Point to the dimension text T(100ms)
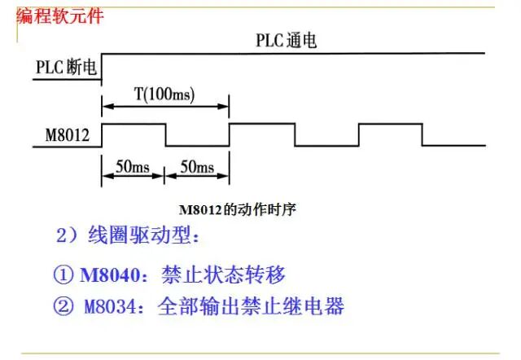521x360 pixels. [x=164, y=94]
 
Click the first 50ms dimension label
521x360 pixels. [x=132, y=167]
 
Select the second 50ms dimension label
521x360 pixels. [x=196, y=167]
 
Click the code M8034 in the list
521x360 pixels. [x=113, y=306]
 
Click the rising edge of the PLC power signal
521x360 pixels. [x=100, y=65]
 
